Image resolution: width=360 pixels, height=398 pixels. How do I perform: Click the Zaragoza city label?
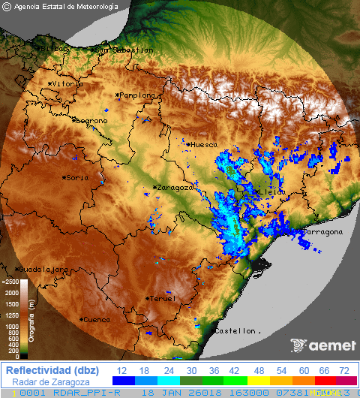[x=174, y=188]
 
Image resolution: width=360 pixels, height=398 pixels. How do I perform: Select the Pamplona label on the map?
[x=136, y=95]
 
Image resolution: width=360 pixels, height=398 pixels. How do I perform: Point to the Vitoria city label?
[x=67, y=84]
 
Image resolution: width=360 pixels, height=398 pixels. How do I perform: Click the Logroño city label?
[x=91, y=120]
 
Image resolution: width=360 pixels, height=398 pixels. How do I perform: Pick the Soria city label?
[x=76, y=178]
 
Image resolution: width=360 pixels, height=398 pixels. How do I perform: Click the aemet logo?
[x=322, y=345]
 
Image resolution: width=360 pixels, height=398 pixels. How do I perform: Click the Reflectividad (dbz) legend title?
[x=50, y=370]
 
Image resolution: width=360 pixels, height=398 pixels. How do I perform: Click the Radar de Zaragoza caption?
[x=50, y=382]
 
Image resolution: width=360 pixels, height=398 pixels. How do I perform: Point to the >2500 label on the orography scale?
[x=10, y=282]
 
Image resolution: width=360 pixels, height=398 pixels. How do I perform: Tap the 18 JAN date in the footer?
[x=159, y=393]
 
